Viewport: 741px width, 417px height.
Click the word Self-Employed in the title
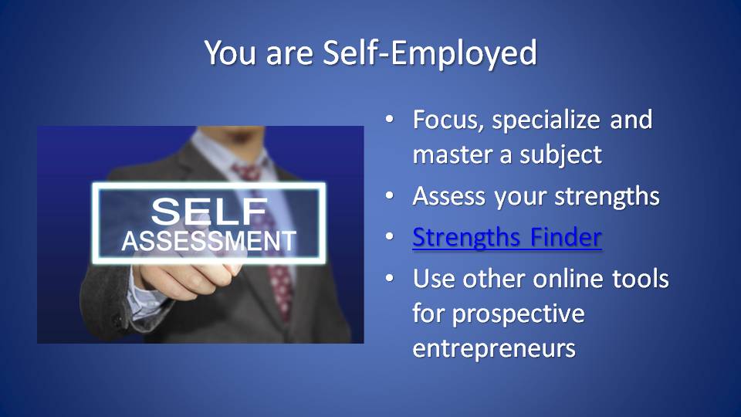[x=430, y=53]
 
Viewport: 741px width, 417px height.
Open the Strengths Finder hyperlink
[x=507, y=237]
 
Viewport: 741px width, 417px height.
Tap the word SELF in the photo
[x=209, y=212]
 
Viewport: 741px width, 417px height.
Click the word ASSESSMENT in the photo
[x=208, y=241]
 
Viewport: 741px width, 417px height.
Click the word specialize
[x=546, y=120]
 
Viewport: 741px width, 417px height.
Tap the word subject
[x=560, y=155]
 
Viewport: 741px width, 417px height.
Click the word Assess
[x=449, y=196]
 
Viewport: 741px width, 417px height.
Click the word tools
[x=641, y=279]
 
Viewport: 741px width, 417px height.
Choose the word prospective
[x=519, y=314]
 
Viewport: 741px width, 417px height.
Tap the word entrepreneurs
[x=494, y=349]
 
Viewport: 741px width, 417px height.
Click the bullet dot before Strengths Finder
[x=389, y=236]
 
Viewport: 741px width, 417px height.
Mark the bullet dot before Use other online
[x=389, y=278]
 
